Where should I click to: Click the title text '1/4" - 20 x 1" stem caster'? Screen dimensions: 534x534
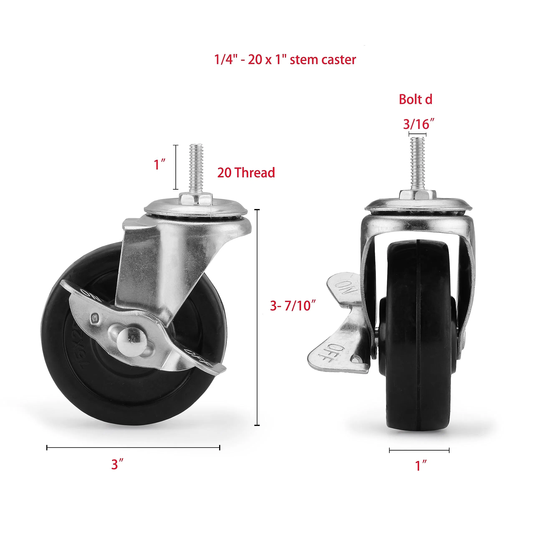pyautogui.click(x=285, y=60)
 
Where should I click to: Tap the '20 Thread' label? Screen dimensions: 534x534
pyautogui.click(x=246, y=173)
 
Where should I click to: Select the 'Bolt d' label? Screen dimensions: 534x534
pyautogui.click(x=416, y=99)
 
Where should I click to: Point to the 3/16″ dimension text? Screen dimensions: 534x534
pyautogui.click(x=418, y=124)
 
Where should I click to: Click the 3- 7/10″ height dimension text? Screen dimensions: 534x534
pyautogui.click(x=293, y=306)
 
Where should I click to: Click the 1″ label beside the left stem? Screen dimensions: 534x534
pyautogui.click(x=160, y=165)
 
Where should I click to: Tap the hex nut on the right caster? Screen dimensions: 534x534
pyautogui.click(x=417, y=195)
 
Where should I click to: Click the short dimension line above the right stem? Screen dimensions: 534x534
pyautogui.click(x=417, y=135)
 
